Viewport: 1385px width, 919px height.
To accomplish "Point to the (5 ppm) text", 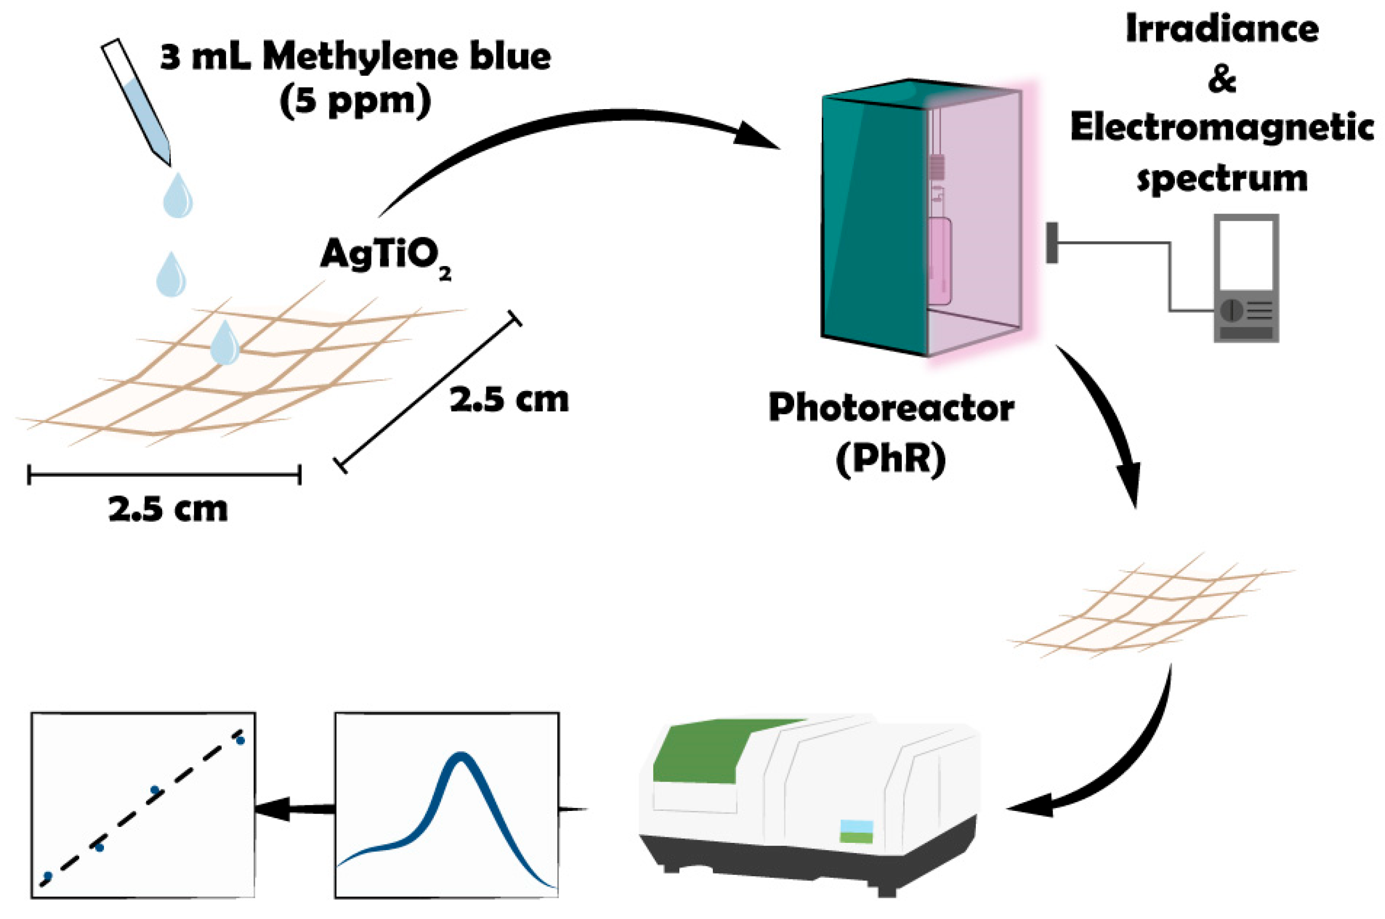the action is (355, 102).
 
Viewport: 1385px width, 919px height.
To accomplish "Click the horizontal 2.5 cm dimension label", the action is (168, 509).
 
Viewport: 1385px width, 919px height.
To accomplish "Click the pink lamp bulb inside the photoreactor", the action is (940, 260).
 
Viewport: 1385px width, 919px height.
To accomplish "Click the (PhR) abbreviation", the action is (891, 459).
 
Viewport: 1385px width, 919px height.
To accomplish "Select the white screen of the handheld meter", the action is (1246, 256).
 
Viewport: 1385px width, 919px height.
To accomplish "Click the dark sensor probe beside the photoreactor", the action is (1052, 243).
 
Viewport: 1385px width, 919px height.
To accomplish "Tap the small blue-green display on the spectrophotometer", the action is (857, 832).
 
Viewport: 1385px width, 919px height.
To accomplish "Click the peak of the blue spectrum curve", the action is (461, 756).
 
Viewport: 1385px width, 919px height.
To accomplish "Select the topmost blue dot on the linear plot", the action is (240, 739).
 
